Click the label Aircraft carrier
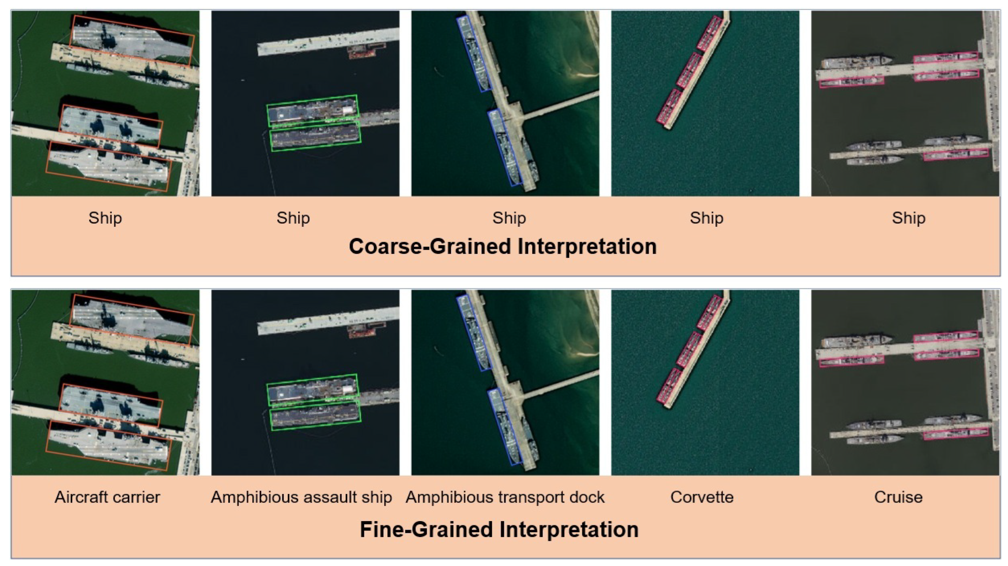[107, 497]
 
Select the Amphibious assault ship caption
[301, 497]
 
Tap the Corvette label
[702, 497]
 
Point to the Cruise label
[898, 497]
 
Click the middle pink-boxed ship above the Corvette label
[689, 349]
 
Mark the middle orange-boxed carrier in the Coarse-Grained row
[111, 126]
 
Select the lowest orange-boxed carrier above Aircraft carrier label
[108, 445]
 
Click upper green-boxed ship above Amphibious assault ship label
[312, 389]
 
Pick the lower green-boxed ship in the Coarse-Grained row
[315, 136]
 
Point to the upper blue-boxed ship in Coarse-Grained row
[474, 54]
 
